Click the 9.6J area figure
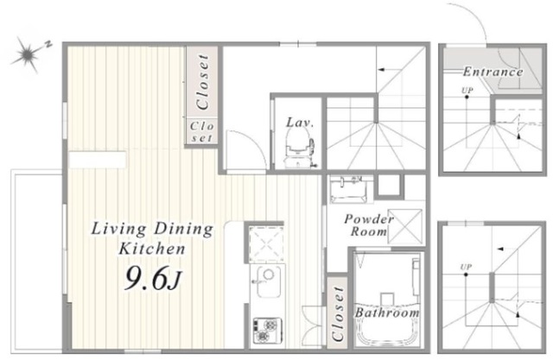[x=153, y=278]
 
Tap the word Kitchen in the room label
[x=152, y=249]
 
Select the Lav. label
[x=300, y=123]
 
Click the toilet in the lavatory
[x=299, y=148]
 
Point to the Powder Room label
[x=369, y=225]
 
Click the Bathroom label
[x=387, y=313]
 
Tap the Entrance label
[x=493, y=72]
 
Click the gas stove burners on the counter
[x=267, y=330]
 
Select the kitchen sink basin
[x=268, y=281]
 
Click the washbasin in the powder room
[x=351, y=190]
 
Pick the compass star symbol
[x=28, y=54]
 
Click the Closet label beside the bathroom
[x=338, y=313]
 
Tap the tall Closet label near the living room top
[x=202, y=82]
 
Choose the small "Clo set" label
[x=201, y=132]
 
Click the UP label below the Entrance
[x=467, y=90]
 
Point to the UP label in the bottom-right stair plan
[x=466, y=267]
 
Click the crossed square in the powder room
[x=405, y=226]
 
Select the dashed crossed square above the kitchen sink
[x=266, y=244]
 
